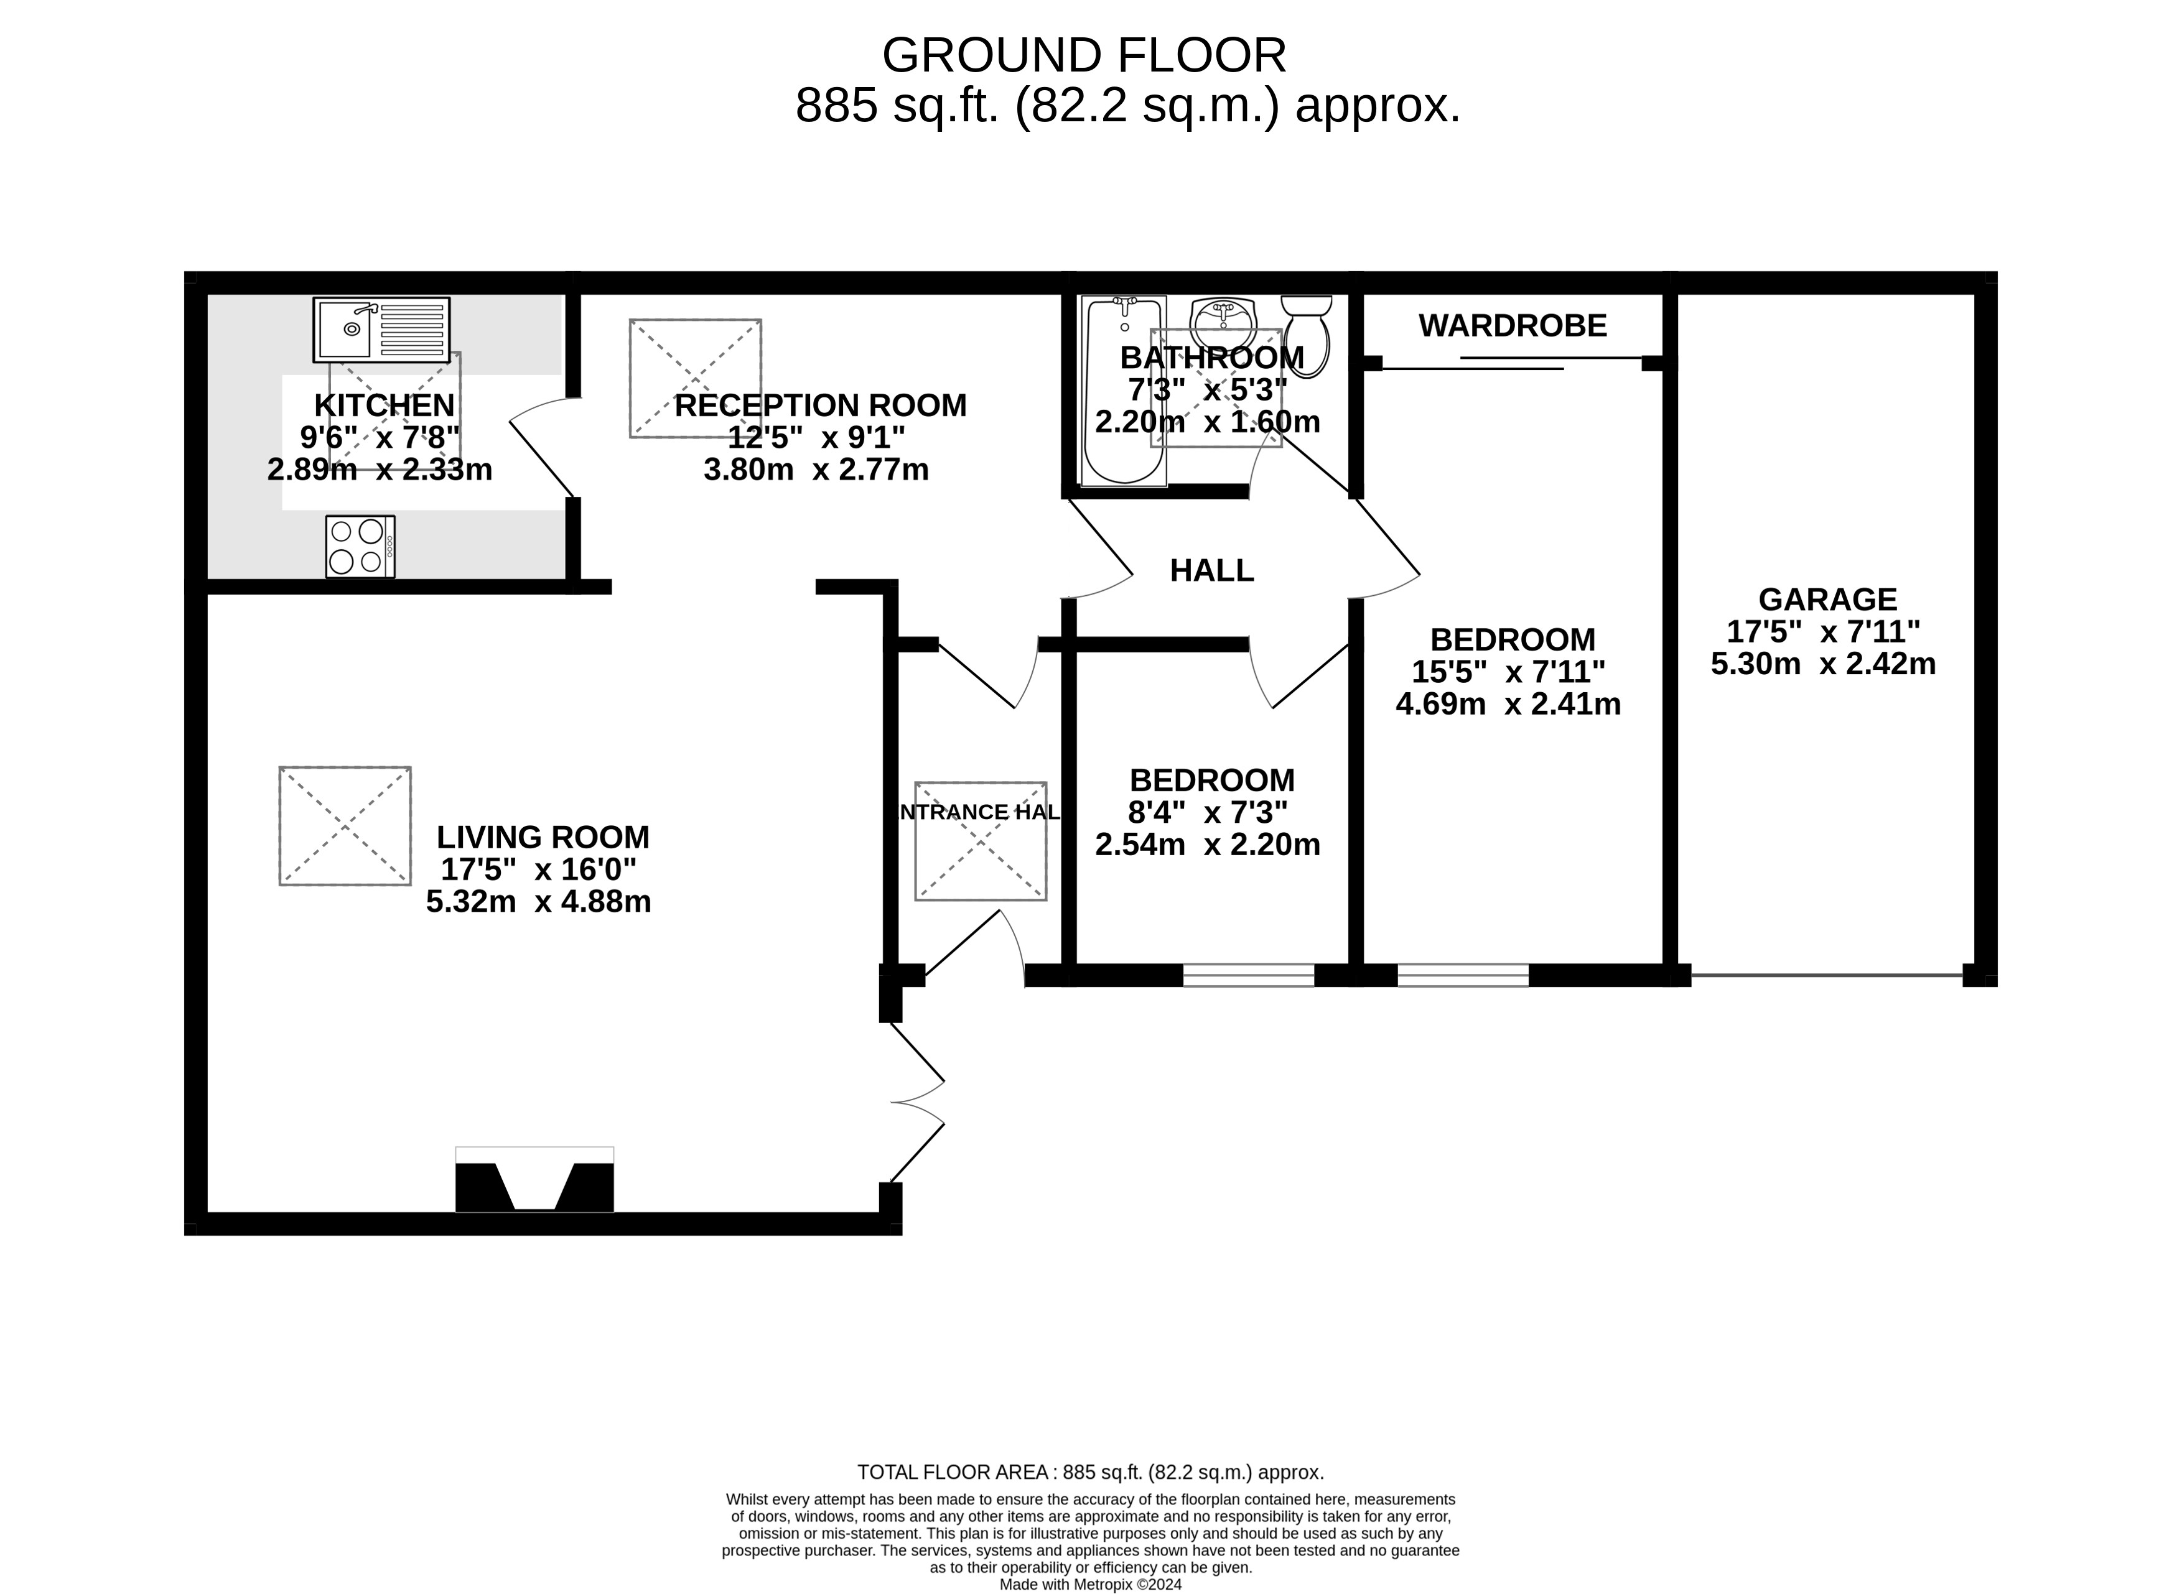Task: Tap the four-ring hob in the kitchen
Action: (x=360, y=546)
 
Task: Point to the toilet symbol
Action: (x=1308, y=334)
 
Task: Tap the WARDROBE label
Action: (x=1513, y=326)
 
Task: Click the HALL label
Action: (x=1211, y=571)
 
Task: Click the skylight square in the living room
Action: (x=345, y=826)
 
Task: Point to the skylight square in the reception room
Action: (x=695, y=378)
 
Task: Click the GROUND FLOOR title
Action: (x=1084, y=56)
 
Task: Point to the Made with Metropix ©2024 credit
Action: (x=1091, y=1584)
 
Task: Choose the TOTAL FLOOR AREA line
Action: (x=1091, y=1473)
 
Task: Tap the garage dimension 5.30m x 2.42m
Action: (x=1823, y=664)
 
